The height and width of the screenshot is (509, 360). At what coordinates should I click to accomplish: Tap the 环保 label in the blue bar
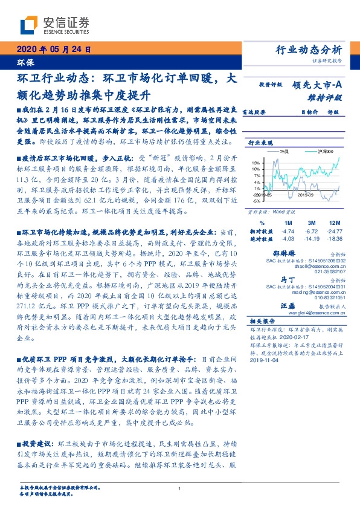25,62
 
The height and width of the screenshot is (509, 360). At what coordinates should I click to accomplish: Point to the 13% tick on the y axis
256,163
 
